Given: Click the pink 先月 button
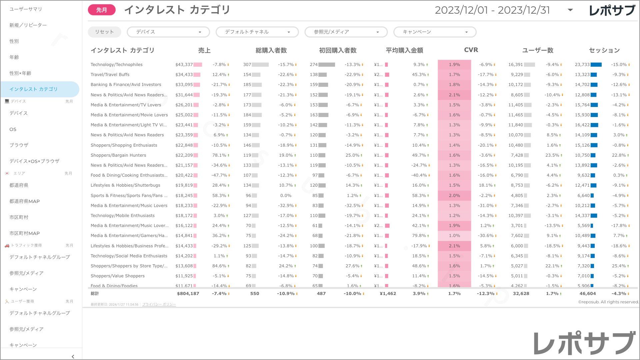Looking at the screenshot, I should point(102,10).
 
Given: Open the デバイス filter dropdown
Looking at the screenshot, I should point(168,32).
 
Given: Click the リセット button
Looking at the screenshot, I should point(104,32).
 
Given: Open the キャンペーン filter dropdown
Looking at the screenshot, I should point(435,32).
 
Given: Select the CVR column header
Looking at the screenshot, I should point(471,50).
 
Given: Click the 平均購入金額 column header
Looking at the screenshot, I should point(404,50).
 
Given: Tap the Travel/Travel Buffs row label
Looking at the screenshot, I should point(110,75).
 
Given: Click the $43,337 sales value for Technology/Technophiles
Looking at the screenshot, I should point(184,65).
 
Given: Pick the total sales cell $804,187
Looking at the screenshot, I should point(188,294).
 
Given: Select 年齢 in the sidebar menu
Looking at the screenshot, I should point(14,57).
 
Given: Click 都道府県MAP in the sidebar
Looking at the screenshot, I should point(25,201).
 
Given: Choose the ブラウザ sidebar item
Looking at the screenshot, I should point(19,145).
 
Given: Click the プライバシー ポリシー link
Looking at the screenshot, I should point(159,304).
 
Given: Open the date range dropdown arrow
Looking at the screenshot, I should point(570,10).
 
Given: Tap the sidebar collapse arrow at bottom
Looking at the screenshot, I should point(73,357).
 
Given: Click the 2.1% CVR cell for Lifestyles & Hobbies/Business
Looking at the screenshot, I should point(454,246).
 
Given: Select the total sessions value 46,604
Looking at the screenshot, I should point(588,294).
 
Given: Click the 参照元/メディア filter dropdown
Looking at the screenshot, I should point(346,32).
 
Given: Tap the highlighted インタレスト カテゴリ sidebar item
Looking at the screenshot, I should point(34,89).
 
